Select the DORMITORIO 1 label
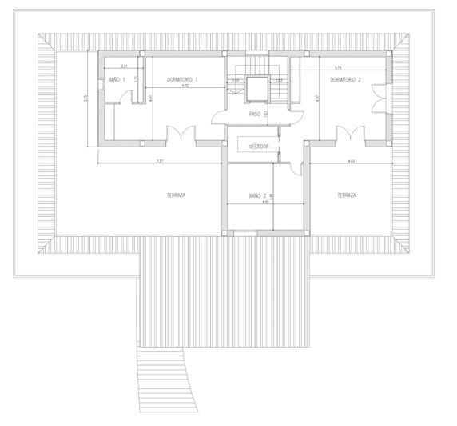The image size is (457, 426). pos(182,79)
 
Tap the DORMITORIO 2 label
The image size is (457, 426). pos(346,79)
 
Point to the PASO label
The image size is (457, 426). pos(254,115)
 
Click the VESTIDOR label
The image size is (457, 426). pos(259,147)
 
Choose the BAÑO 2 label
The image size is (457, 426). pos(256,195)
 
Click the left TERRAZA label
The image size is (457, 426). pos(177,195)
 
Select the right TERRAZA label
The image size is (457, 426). pos(346,195)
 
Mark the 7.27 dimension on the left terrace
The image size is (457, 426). pos(160,161)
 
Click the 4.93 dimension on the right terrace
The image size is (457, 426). pos(352,161)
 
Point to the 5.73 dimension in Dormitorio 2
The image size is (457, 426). pos(338,68)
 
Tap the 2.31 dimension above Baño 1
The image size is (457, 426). pos(124,65)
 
